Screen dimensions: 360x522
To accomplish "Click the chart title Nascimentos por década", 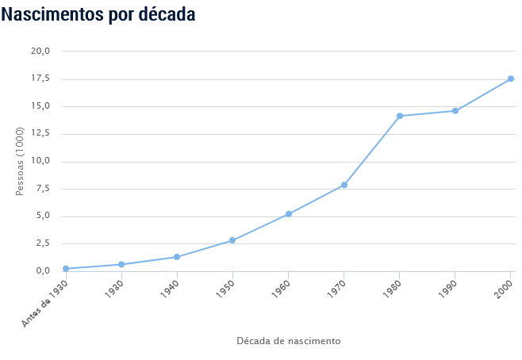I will pyautogui.click(x=98, y=14).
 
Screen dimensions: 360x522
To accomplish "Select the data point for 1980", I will pyautogui.click(x=400, y=116).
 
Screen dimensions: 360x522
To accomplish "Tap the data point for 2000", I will pyautogui.click(x=511, y=79).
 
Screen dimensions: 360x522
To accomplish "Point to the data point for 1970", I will pyautogui.click(x=344, y=185).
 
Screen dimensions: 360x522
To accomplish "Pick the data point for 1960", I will pyautogui.click(x=289, y=214).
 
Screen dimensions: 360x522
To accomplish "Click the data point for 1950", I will pyautogui.click(x=232, y=240).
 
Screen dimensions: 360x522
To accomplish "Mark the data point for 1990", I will pyautogui.click(x=455, y=110).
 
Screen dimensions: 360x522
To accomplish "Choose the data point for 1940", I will pyautogui.click(x=177, y=257).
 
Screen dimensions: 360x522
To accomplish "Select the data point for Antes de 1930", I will pyautogui.click(x=66, y=269).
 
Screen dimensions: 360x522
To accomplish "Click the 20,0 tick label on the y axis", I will pyautogui.click(x=40, y=51).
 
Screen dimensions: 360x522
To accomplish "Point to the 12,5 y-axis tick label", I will pyautogui.click(x=40, y=133).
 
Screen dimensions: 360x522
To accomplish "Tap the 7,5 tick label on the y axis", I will pyautogui.click(x=43, y=188).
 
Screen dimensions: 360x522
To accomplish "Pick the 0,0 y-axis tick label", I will pyautogui.click(x=43, y=271).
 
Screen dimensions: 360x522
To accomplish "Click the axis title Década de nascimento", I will pyautogui.click(x=289, y=341).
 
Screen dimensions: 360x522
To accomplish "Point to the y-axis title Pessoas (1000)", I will pyautogui.click(x=21, y=161).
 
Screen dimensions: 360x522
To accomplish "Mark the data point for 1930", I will pyautogui.click(x=121, y=264).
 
